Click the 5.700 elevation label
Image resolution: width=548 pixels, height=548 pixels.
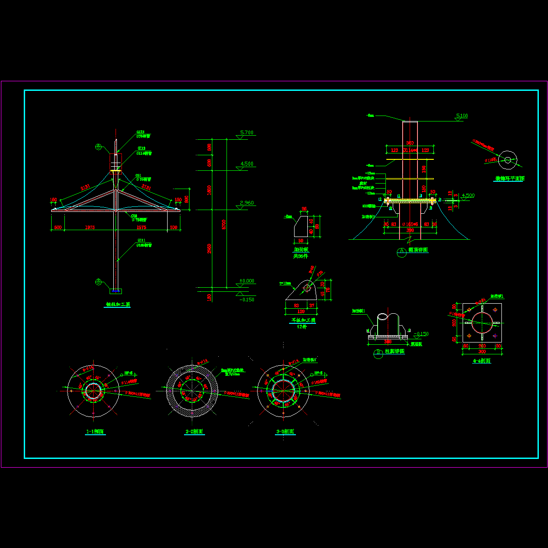(246, 133)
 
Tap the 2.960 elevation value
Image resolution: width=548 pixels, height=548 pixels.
(246, 203)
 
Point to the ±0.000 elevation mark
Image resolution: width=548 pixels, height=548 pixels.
(247, 281)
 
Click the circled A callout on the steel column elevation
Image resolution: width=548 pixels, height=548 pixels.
(98, 147)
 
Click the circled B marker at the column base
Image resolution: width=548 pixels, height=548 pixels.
(98, 282)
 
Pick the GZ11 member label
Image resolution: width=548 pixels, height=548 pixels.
(141, 240)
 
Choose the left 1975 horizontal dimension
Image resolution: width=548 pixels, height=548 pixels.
(90, 227)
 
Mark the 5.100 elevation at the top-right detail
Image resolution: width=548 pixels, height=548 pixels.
(462, 116)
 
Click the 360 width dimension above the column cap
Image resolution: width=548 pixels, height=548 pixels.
(410, 143)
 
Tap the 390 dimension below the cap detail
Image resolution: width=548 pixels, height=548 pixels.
(410, 230)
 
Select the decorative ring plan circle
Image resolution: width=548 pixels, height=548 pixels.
(507, 159)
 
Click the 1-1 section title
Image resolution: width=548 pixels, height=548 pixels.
(95, 432)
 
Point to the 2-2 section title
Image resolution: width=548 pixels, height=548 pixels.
(195, 432)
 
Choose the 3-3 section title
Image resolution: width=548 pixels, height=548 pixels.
(285, 432)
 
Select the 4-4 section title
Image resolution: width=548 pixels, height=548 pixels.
(482, 361)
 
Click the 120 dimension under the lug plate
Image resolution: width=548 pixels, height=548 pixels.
(301, 311)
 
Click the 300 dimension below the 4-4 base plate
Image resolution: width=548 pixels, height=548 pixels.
(482, 352)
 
